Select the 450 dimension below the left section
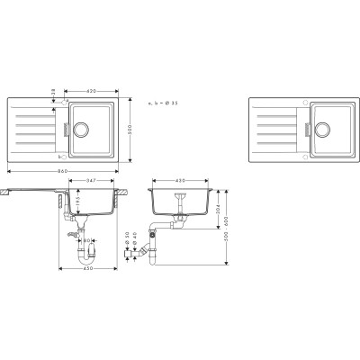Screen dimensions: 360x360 click(x=86, y=268)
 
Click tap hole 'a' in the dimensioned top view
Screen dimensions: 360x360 click(x=62, y=103)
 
